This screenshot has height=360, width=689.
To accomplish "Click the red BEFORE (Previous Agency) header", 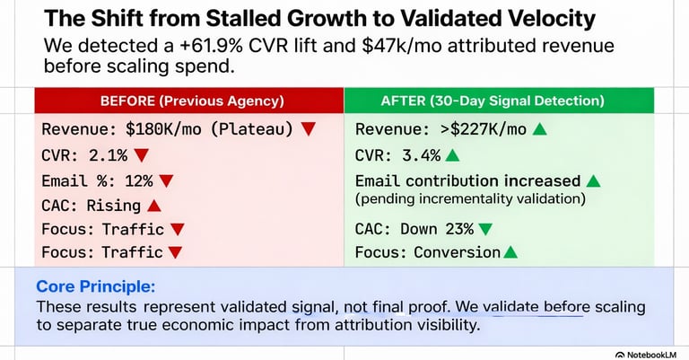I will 188,101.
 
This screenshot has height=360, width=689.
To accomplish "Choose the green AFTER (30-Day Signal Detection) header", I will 499,101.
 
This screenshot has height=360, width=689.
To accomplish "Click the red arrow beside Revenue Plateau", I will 308,129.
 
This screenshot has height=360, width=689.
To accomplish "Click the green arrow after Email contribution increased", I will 592,181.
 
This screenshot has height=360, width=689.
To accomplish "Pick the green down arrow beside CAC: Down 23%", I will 485,228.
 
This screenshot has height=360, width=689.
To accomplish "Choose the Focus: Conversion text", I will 428,252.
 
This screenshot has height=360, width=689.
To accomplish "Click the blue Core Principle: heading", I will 95,287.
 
